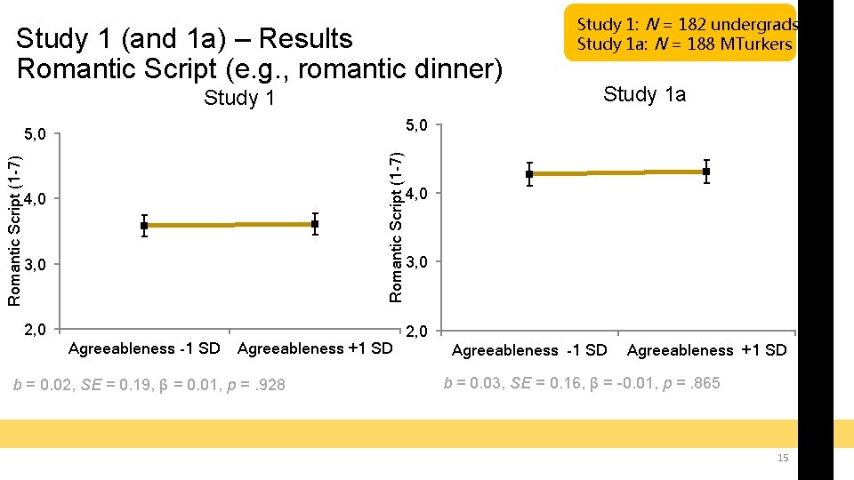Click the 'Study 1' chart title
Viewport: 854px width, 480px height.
239,98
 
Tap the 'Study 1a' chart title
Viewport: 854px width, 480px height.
644,94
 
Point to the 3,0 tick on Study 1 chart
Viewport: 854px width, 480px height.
37,265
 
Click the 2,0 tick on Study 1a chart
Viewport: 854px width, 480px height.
417,332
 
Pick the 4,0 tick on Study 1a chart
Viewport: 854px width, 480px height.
417,194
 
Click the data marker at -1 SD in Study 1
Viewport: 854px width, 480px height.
144,226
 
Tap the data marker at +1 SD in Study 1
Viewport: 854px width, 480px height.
315,224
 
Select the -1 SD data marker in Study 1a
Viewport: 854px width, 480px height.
529,174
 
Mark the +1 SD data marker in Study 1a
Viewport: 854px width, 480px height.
705,172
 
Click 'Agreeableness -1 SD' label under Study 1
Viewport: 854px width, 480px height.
144,348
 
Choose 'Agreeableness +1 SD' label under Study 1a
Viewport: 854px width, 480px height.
706,350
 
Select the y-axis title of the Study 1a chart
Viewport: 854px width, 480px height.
397,225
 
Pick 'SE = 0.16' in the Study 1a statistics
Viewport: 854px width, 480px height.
532,383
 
